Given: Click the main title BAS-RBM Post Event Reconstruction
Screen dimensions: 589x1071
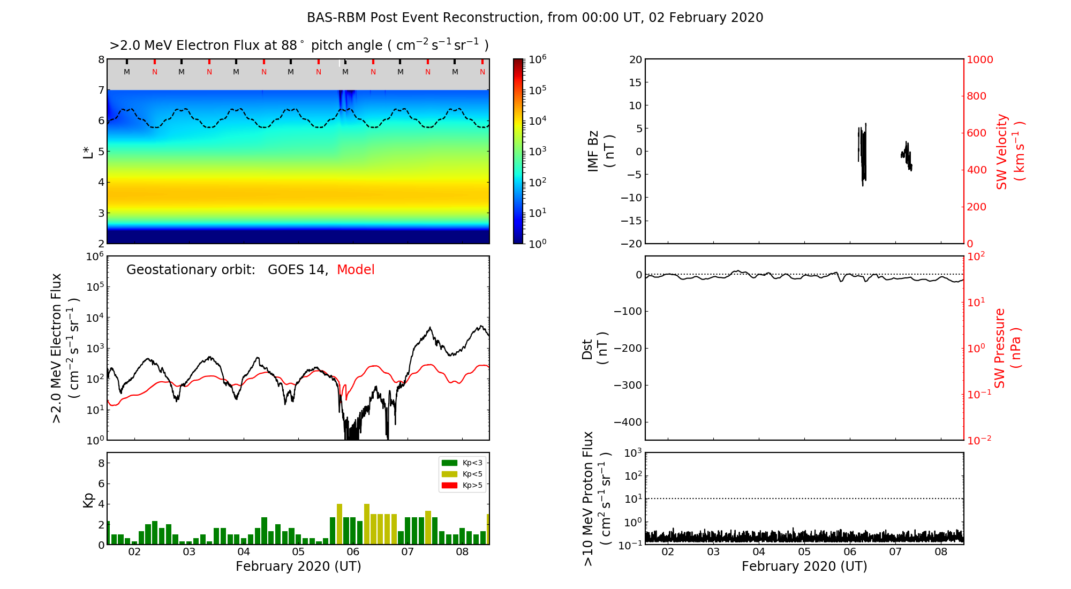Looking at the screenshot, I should click(x=534, y=18).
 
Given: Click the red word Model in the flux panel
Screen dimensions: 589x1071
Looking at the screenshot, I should click(x=356, y=270).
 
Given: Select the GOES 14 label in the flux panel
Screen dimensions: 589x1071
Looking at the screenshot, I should click(x=297, y=270).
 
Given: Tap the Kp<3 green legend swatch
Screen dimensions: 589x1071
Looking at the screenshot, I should click(x=449, y=463).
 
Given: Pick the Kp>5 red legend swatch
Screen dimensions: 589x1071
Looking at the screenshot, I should click(x=449, y=486).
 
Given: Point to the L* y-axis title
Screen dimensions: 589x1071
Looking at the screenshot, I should click(x=88, y=152).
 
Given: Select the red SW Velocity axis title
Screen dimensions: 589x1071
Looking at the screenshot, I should click(x=1010, y=152).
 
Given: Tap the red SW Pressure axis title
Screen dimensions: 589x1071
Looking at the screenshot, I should click(x=1007, y=348).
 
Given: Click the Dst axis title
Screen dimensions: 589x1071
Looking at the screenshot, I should click(x=594, y=349).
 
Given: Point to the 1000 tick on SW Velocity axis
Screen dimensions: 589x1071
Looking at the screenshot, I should click(x=979, y=59).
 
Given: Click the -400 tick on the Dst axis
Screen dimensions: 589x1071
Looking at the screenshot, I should click(x=628, y=422).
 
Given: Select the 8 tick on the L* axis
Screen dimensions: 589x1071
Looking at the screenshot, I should click(x=101, y=59).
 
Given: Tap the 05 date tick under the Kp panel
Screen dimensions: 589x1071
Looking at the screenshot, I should click(x=298, y=552).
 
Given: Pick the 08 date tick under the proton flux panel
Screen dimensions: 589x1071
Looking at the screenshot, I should click(x=941, y=552).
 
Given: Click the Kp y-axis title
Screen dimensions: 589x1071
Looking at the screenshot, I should click(x=88, y=500).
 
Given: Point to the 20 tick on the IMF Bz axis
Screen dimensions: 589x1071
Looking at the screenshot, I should click(x=636, y=59).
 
